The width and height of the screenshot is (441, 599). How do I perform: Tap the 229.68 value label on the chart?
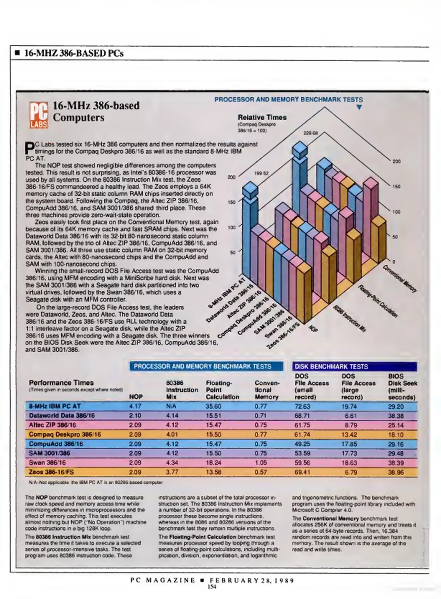(x=310, y=133)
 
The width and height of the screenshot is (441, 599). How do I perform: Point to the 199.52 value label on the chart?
(x=261, y=174)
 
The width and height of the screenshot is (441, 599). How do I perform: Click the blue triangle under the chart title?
(x=359, y=107)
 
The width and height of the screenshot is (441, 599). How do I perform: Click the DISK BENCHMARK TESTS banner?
(x=354, y=367)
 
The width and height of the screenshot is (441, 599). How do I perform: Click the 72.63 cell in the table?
(x=302, y=407)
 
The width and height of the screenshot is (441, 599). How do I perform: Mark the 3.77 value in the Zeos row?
(x=172, y=472)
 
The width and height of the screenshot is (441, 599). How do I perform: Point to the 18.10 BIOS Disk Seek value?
(x=396, y=435)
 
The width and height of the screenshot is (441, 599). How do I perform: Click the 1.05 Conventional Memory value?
(x=261, y=463)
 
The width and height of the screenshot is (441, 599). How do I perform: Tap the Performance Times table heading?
(x=61, y=383)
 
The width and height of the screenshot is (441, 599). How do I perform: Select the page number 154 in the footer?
(x=212, y=587)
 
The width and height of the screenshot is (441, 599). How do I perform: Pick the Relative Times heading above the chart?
(x=262, y=118)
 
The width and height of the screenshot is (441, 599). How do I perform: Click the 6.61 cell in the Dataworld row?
(x=351, y=416)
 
